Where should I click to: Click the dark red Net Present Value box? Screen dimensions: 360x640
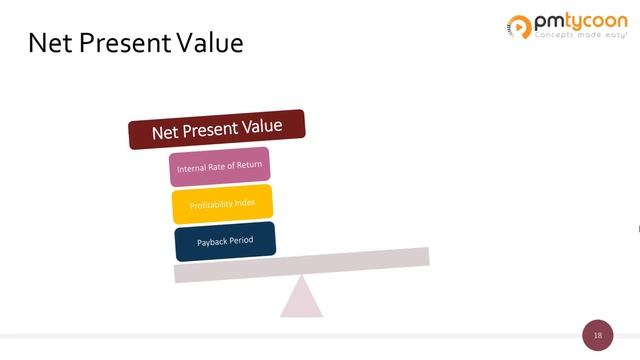point(217,129)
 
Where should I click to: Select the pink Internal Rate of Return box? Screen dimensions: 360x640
point(220,167)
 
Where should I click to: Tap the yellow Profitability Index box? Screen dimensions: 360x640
point(222,204)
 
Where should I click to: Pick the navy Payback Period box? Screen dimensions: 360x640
point(225,241)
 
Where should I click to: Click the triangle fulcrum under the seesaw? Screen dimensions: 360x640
point(301,298)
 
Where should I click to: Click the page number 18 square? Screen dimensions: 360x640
point(598,335)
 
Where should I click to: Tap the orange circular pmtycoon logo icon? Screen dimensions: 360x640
point(520,25)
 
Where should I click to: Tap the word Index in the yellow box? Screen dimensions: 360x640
point(244,203)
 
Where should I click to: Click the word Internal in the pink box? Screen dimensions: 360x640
point(190,170)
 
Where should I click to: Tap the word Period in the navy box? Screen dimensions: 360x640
point(240,240)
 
